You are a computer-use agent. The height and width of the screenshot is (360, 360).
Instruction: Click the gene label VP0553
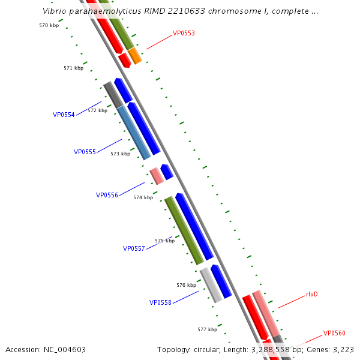[x=184, y=34]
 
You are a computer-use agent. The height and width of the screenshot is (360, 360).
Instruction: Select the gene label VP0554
[x=64, y=115]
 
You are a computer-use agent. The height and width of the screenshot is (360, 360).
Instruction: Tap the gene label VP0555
[x=85, y=152]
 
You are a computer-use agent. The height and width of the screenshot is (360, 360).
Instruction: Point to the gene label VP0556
[x=107, y=195]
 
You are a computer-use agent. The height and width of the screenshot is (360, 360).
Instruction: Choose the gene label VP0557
[x=134, y=248]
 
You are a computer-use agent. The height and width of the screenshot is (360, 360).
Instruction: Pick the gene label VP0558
[x=160, y=302]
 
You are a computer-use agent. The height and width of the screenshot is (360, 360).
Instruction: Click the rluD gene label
[x=312, y=294]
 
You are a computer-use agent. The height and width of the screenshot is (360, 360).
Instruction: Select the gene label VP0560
[x=334, y=333]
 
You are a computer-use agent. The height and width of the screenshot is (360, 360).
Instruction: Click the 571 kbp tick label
[x=73, y=68]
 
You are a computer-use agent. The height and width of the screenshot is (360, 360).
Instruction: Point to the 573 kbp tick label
[x=120, y=154]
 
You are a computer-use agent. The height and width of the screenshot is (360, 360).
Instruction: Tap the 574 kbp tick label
[x=143, y=197]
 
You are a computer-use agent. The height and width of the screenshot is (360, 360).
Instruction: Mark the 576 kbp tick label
[x=186, y=285]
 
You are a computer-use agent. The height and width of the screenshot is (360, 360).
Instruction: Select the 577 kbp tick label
[x=207, y=329]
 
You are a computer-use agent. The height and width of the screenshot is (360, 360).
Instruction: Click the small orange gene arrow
[x=135, y=56]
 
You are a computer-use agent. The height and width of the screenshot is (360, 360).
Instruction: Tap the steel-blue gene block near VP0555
[x=134, y=133]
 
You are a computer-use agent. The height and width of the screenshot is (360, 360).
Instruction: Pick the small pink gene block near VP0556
[x=157, y=176]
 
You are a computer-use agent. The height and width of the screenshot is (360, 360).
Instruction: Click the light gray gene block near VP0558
[x=211, y=285]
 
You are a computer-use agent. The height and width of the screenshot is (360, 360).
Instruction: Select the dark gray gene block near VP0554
[x=113, y=95]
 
